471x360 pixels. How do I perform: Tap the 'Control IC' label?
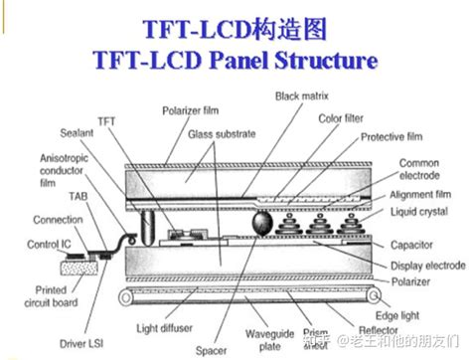point(46,244)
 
